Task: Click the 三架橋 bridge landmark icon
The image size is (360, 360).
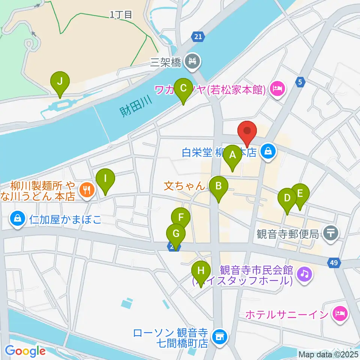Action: point(194,61)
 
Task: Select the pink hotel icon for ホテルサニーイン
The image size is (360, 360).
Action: point(341,313)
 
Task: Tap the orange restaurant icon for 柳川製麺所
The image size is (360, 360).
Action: point(87,189)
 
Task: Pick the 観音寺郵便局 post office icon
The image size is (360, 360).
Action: point(331,234)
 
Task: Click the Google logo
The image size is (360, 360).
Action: point(25,351)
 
